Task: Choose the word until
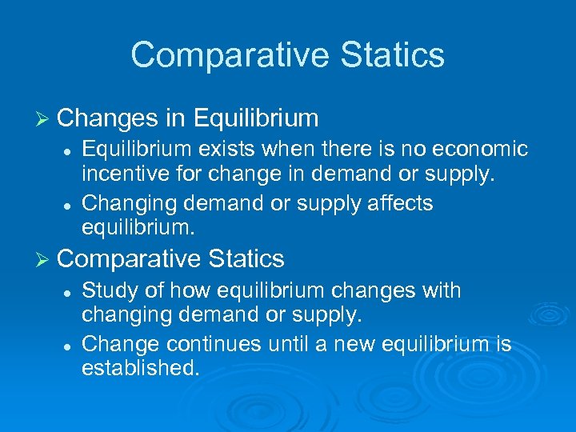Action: pos(292,345)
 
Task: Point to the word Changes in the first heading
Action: pos(109,119)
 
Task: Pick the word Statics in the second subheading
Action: pos(247,259)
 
